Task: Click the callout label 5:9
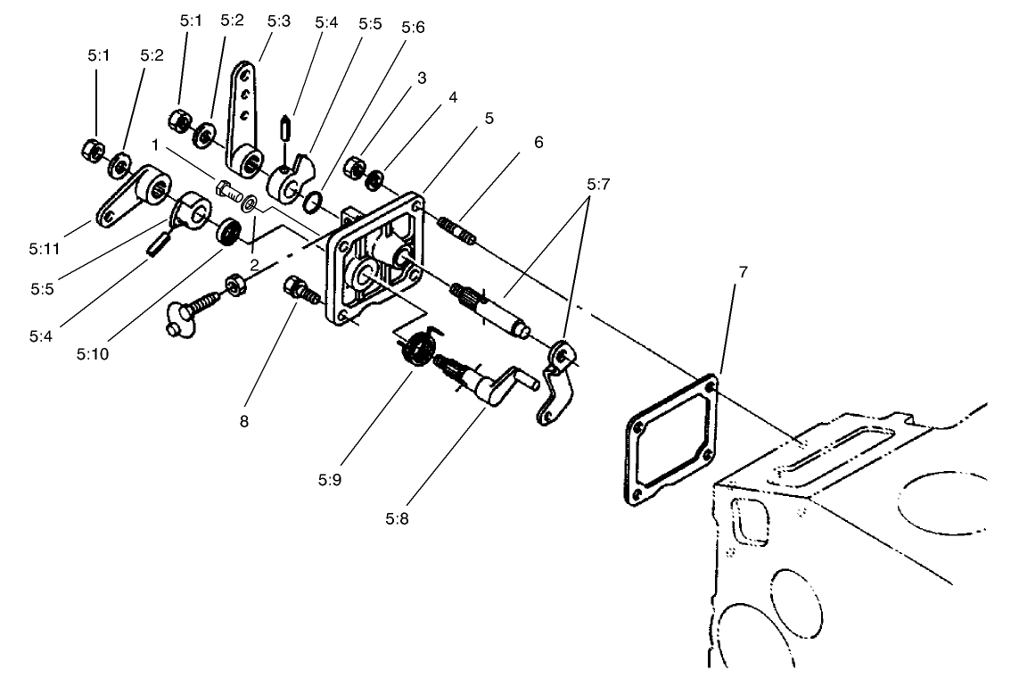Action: [329, 479]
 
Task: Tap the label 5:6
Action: [413, 28]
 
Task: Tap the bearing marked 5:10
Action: [231, 234]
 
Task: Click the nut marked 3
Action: [353, 165]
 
